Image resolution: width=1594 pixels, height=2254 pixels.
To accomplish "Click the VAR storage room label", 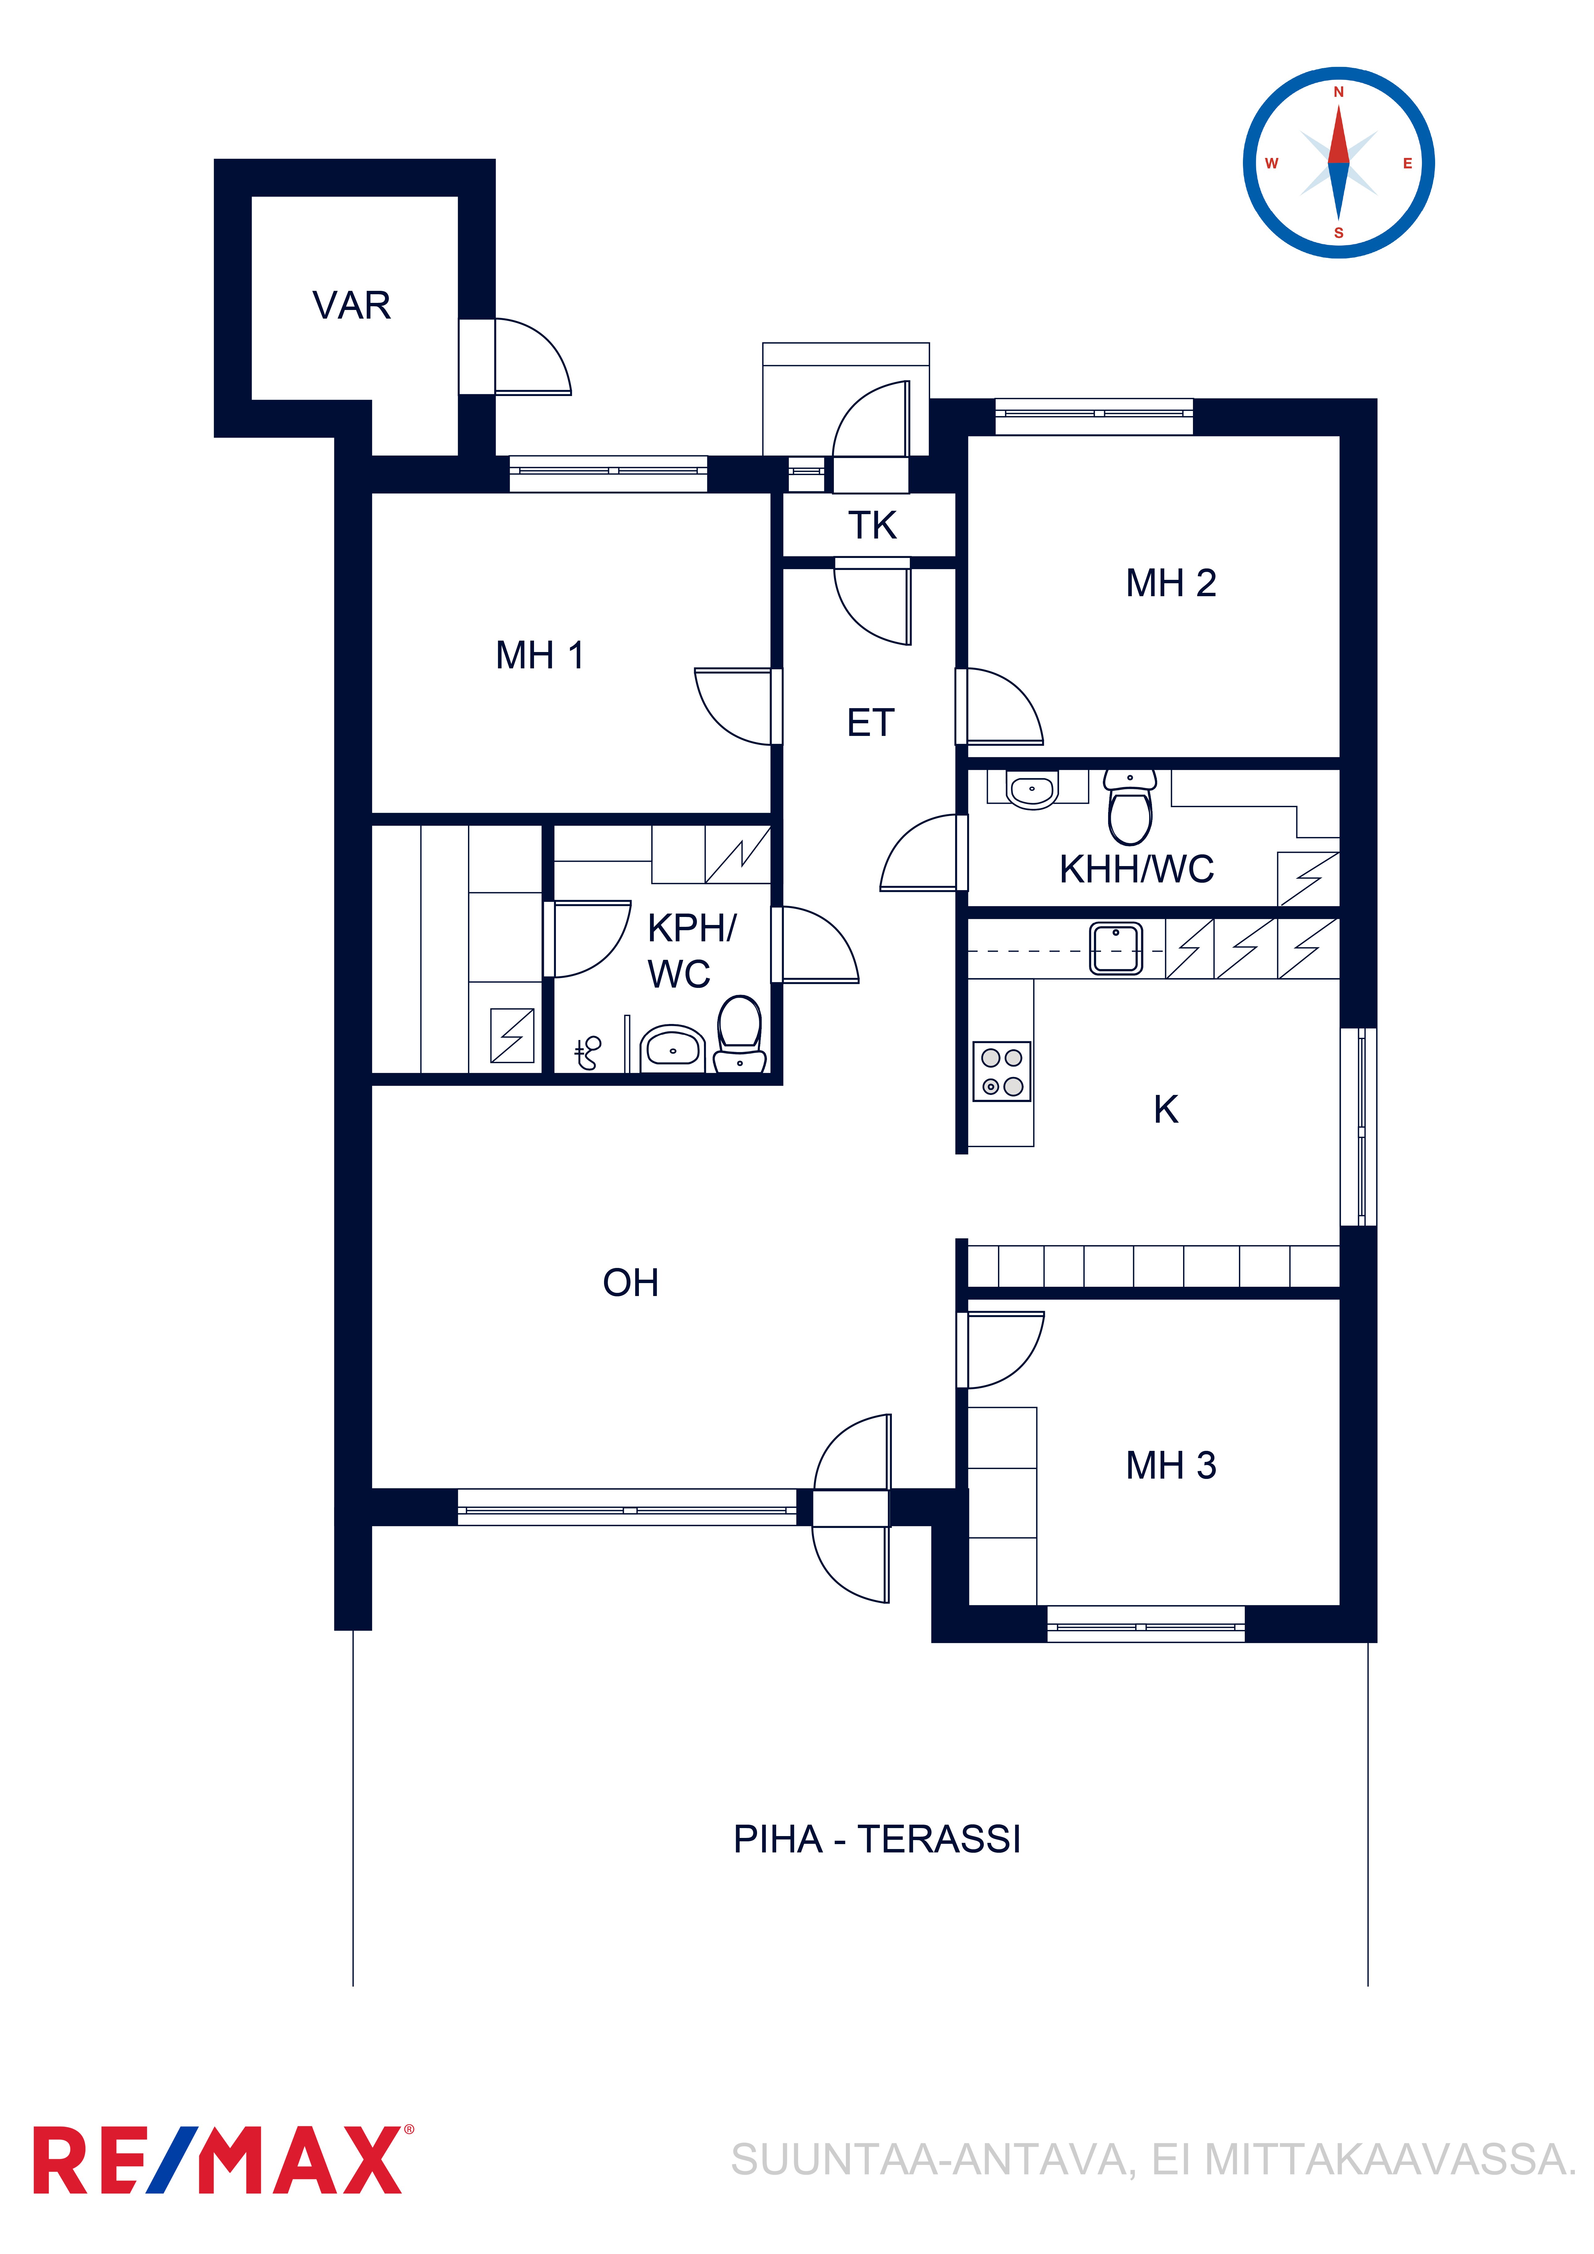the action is click(x=352, y=305).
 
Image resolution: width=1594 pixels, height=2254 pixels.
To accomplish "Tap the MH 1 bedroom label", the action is click(x=540, y=655).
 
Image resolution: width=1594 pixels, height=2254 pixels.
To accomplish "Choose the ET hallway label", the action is click(x=871, y=724).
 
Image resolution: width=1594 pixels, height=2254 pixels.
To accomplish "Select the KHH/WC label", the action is click(x=1136, y=869).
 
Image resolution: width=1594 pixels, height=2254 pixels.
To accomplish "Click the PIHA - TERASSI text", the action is click(x=877, y=1839).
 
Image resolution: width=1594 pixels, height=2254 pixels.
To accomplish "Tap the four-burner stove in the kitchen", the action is click(x=1002, y=1071).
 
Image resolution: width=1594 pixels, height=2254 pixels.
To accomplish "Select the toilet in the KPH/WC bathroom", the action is click(x=739, y=1034).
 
